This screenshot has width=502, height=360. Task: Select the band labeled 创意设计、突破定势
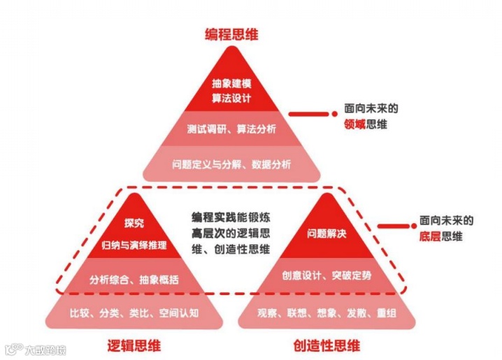(x=327, y=275)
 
